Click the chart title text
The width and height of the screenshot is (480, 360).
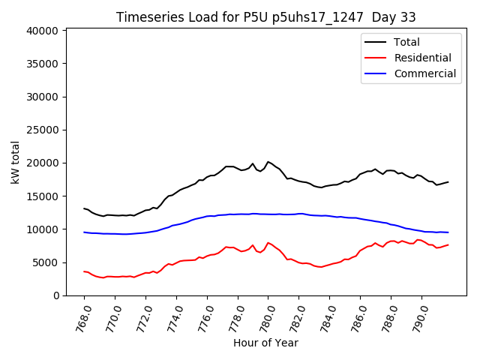(x=265, y=17)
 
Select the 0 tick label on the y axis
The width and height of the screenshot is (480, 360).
(x=56, y=295)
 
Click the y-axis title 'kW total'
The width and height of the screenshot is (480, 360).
(x=16, y=161)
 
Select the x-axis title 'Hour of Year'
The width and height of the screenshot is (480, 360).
(x=265, y=343)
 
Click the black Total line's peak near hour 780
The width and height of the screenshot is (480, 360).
(x=268, y=161)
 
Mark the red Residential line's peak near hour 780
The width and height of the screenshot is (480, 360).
(x=268, y=242)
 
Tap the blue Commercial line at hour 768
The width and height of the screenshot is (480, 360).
(x=84, y=232)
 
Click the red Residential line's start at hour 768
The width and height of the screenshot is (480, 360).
(x=84, y=271)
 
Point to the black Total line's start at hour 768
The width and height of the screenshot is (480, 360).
(x=84, y=208)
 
